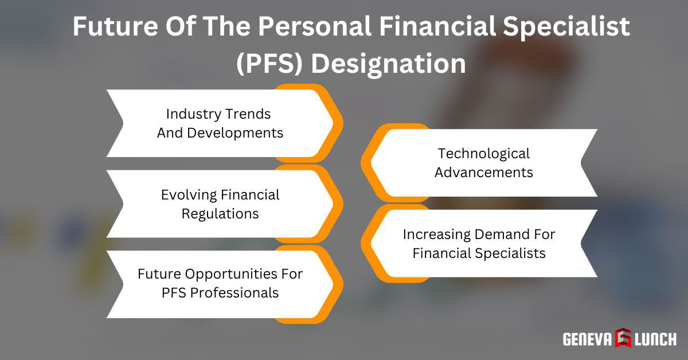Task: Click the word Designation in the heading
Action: [389, 63]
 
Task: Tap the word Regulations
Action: [220, 214]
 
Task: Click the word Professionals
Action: [234, 292]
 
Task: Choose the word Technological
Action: [484, 153]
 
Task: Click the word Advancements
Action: [484, 172]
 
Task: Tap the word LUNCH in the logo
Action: [655, 339]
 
